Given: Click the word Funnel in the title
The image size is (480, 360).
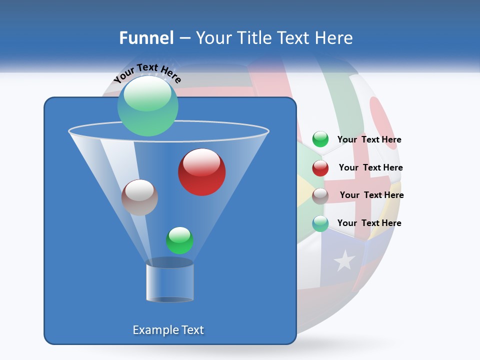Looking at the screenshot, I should click(146, 37).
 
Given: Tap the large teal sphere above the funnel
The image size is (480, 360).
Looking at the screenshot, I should click(147, 105).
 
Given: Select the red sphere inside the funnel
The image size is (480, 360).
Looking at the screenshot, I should click(201, 172).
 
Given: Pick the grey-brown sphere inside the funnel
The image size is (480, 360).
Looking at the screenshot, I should click(139, 197).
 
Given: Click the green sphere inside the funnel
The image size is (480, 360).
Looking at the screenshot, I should click(179, 240).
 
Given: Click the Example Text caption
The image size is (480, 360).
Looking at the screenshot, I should click(168, 330).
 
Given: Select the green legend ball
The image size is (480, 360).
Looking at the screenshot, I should click(320, 139).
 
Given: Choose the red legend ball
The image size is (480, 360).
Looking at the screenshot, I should click(320, 167).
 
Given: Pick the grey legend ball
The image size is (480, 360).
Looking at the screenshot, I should click(320, 195).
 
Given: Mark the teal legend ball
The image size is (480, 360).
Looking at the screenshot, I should click(320, 223).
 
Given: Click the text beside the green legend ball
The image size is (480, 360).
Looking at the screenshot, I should click(369, 140).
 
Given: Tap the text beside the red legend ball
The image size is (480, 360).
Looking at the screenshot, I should click(370, 168).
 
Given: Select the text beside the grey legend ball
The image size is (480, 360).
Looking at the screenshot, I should click(371, 195).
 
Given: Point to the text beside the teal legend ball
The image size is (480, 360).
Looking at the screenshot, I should click(369, 223).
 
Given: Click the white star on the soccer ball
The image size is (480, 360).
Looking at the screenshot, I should click(344, 260).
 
